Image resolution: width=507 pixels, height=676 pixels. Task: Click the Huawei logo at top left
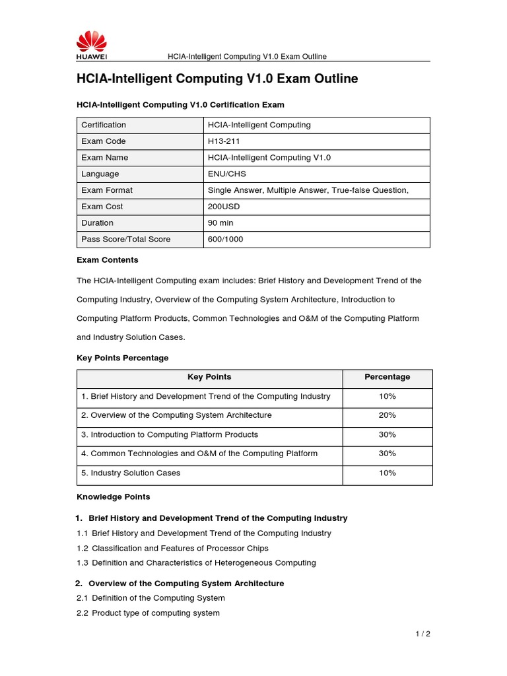pyautogui.click(x=91, y=46)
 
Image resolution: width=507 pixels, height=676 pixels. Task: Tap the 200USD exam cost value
pyautogui.click(x=224, y=207)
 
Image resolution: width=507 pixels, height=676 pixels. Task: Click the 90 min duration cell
pyautogui.click(x=220, y=223)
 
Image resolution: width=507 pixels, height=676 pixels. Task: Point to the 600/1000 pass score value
pyautogui.click(x=225, y=240)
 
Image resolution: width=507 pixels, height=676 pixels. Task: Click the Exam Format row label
pyautogui.click(x=107, y=190)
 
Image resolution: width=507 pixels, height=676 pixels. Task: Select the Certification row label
pyautogui.click(x=104, y=125)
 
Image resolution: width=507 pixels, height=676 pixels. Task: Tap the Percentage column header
pyautogui.click(x=388, y=377)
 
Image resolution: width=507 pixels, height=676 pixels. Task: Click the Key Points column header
pyautogui.click(x=209, y=377)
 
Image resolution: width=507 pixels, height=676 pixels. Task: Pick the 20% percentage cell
pyautogui.click(x=388, y=415)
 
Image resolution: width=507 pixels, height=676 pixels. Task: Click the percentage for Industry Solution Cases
pyautogui.click(x=388, y=473)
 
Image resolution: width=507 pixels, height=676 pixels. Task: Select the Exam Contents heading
pyautogui.click(x=108, y=259)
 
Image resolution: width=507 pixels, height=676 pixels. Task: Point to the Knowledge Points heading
pyautogui.click(x=114, y=496)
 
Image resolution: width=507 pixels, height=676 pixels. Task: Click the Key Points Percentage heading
pyautogui.click(x=123, y=358)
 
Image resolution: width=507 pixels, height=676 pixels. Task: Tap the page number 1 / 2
pyautogui.click(x=422, y=634)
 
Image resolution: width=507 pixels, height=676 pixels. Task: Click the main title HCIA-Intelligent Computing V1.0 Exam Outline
pyautogui.click(x=217, y=79)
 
